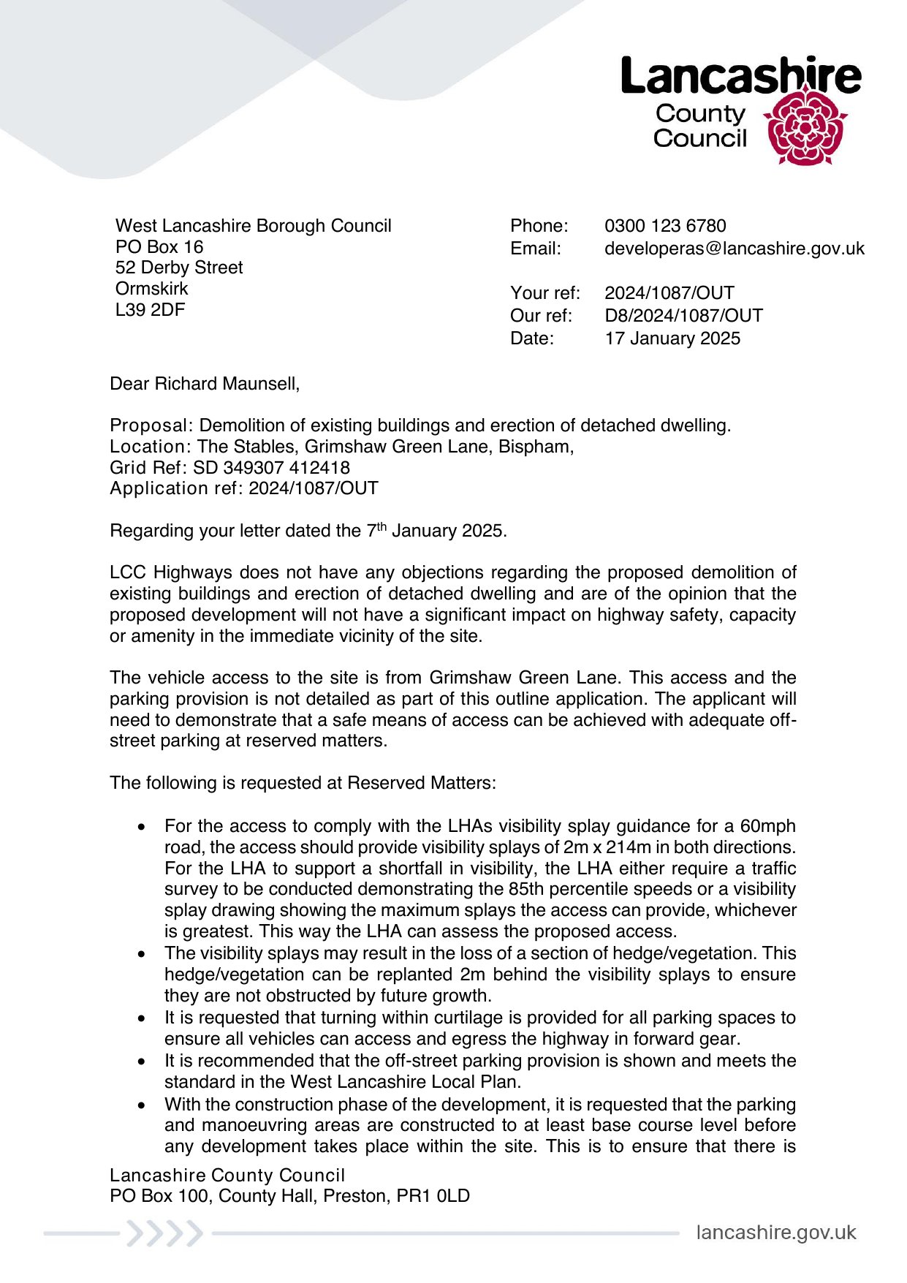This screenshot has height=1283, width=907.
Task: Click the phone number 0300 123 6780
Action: click(x=665, y=226)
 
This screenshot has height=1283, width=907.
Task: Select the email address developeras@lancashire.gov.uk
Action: click(x=734, y=249)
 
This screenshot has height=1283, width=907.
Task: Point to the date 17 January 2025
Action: click(x=672, y=338)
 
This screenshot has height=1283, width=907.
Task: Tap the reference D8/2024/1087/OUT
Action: click(x=683, y=316)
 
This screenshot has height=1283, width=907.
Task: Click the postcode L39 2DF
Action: click(x=150, y=310)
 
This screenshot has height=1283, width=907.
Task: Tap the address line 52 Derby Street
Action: click(x=178, y=268)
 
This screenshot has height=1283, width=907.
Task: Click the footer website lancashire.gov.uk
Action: click(x=775, y=1233)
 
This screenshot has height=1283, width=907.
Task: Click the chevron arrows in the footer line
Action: click(x=164, y=1233)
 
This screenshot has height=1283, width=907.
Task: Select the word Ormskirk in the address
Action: click(x=151, y=289)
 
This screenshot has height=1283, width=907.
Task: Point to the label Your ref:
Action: click(x=544, y=293)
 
